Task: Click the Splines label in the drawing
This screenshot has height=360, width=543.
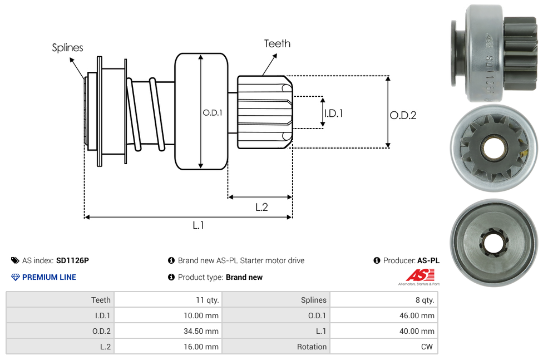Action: tap(67, 48)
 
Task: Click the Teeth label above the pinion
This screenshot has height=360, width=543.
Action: tap(277, 43)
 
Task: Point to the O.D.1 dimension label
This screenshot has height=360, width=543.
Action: tap(213, 112)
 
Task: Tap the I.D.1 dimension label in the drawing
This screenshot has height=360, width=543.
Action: tap(333, 114)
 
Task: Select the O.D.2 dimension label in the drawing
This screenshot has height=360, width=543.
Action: tap(403, 116)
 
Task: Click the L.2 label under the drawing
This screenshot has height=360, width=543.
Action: tap(261, 207)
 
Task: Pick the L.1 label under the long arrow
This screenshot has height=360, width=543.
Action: tap(199, 225)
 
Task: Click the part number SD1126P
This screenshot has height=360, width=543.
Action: tap(72, 260)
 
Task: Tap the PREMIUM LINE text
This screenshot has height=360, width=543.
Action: tap(49, 277)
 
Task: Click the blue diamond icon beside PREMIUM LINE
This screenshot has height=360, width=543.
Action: tap(16, 277)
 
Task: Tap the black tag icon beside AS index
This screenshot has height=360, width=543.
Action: tap(15, 260)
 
